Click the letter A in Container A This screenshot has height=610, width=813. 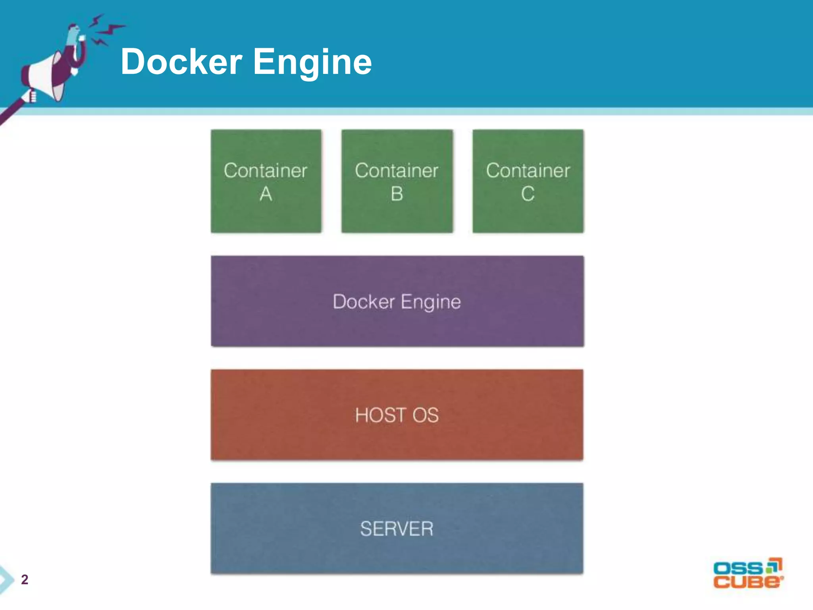point(266,194)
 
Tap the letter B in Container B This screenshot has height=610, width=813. point(397,194)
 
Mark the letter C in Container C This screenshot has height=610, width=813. point(528,194)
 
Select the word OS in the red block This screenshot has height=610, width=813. point(426,415)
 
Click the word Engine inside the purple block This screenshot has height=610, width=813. point(431,302)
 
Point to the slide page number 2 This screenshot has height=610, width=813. point(25,579)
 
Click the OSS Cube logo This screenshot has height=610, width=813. point(748,574)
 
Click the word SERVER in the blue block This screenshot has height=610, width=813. point(397,529)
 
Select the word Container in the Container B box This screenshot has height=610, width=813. point(397,171)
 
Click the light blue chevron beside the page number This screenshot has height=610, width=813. point(6,579)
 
